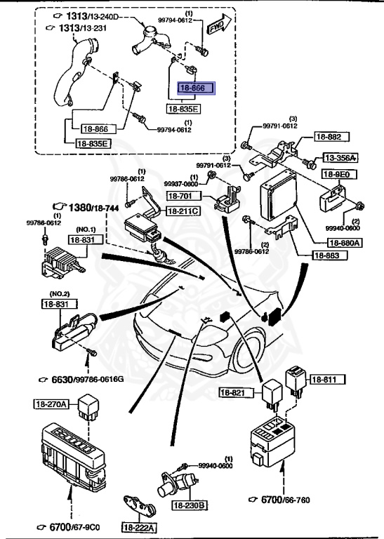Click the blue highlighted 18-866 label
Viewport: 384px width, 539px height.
(x=192, y=89)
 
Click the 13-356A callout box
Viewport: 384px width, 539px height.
(x=340, y=158)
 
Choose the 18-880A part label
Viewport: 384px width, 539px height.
(x=343, y=243)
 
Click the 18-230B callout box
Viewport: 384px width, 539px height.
(x=192, y=505)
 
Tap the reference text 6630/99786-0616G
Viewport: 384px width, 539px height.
(x=81, y=380)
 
